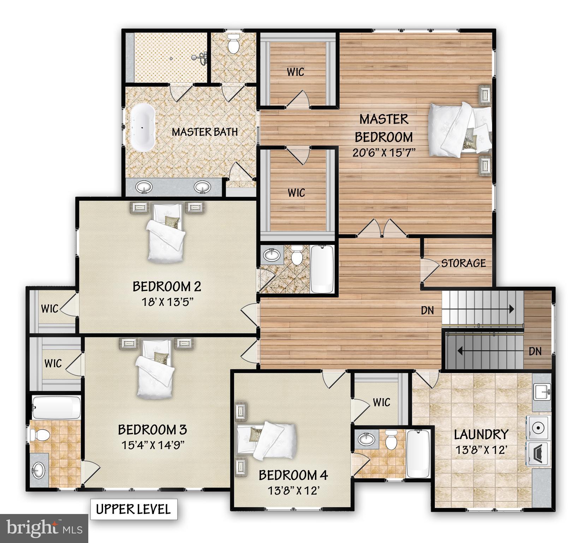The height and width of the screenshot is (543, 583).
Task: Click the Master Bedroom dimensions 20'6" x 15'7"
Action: [383, 152]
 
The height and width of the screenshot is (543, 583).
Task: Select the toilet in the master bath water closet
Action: [233, 44]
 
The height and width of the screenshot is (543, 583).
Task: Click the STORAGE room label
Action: [463, 263]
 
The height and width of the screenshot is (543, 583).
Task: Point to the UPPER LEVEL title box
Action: [133, 509]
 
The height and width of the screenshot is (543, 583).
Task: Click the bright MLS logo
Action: [44, 529]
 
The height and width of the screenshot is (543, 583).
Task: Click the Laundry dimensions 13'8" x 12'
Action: [481, 450]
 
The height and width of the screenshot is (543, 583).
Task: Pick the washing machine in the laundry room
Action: [539, 427]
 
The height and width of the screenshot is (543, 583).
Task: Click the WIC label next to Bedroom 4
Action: [381, 402]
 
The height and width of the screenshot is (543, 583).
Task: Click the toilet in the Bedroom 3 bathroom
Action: [39, 434]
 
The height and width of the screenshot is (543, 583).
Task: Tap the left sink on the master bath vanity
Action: [144, 187]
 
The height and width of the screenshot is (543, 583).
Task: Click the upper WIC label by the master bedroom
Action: [295, 72]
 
